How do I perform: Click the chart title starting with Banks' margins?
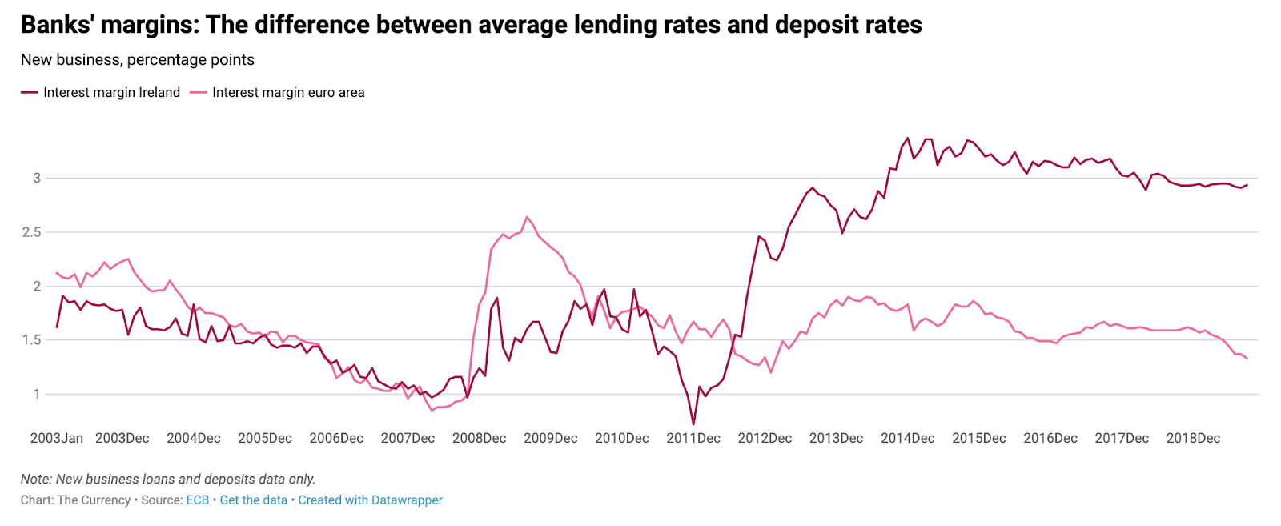tap(471, 25)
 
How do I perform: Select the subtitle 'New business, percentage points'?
tap(138, 60)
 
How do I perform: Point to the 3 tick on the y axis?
tap(36, 178)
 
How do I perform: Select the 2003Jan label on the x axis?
tap(56, 438)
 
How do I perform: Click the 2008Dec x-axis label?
tap(479, 438)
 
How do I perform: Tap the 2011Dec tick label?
tap(693, 438)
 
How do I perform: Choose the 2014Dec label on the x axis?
tap(907, 438)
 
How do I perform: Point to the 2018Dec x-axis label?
tap(1193, 438)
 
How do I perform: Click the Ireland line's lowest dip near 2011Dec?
tap(693, 424)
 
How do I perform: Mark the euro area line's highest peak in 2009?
tap(527, 216)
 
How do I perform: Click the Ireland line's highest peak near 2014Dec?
tap(907, 138)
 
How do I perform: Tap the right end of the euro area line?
tap(1247, 359)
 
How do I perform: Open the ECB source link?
tap(198, 500)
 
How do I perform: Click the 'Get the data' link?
tap(253, 500)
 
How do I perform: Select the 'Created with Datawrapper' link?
tap(370, 500)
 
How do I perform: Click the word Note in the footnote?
tap(36, 480)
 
